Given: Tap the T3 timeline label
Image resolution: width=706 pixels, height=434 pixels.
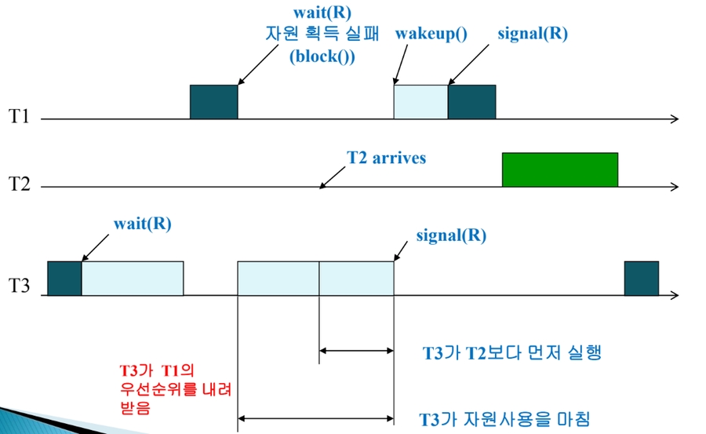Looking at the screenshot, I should [19, 286].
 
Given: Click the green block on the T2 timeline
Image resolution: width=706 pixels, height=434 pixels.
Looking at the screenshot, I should [559, 169].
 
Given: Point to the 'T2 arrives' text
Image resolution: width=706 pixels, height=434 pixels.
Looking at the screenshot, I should [387, 158].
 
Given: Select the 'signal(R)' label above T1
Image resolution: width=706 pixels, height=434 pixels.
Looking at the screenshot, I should [533, 35].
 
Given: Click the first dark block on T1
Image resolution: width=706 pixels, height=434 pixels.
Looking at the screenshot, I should [213, 101].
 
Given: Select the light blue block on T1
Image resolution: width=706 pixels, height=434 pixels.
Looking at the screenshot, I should [420, 101].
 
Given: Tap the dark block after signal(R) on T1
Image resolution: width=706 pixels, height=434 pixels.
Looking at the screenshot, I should [471, 101].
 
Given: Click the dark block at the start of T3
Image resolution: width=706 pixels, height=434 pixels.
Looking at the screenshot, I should [64, 278].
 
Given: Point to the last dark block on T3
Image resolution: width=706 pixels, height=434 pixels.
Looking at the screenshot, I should [641, 278].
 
